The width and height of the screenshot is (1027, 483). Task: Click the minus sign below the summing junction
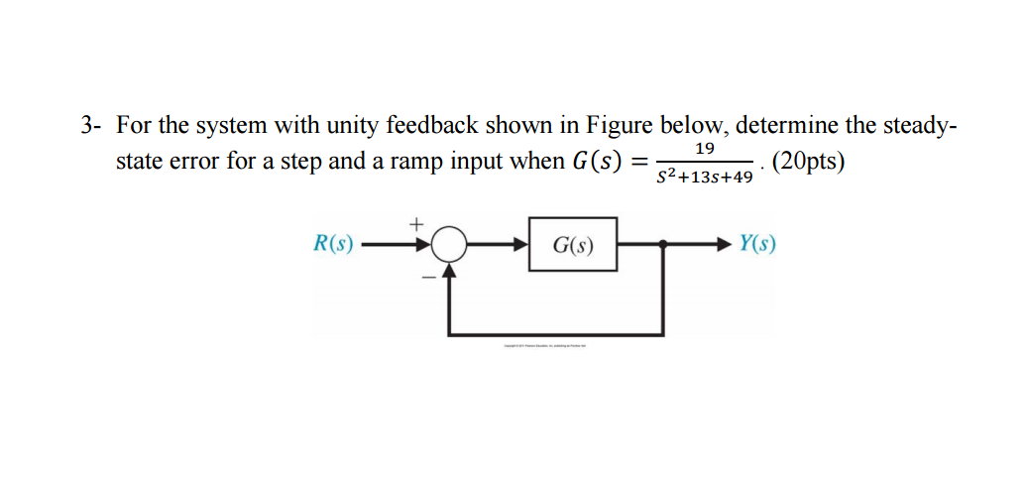[x=428, y=278]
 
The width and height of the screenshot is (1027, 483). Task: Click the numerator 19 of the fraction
[x=705, y=149]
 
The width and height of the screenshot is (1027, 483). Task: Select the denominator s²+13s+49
[x=705, y=178]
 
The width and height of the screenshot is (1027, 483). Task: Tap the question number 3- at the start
[x=91, y=127]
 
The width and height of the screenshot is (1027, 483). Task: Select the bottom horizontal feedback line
[x=555, y=332]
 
